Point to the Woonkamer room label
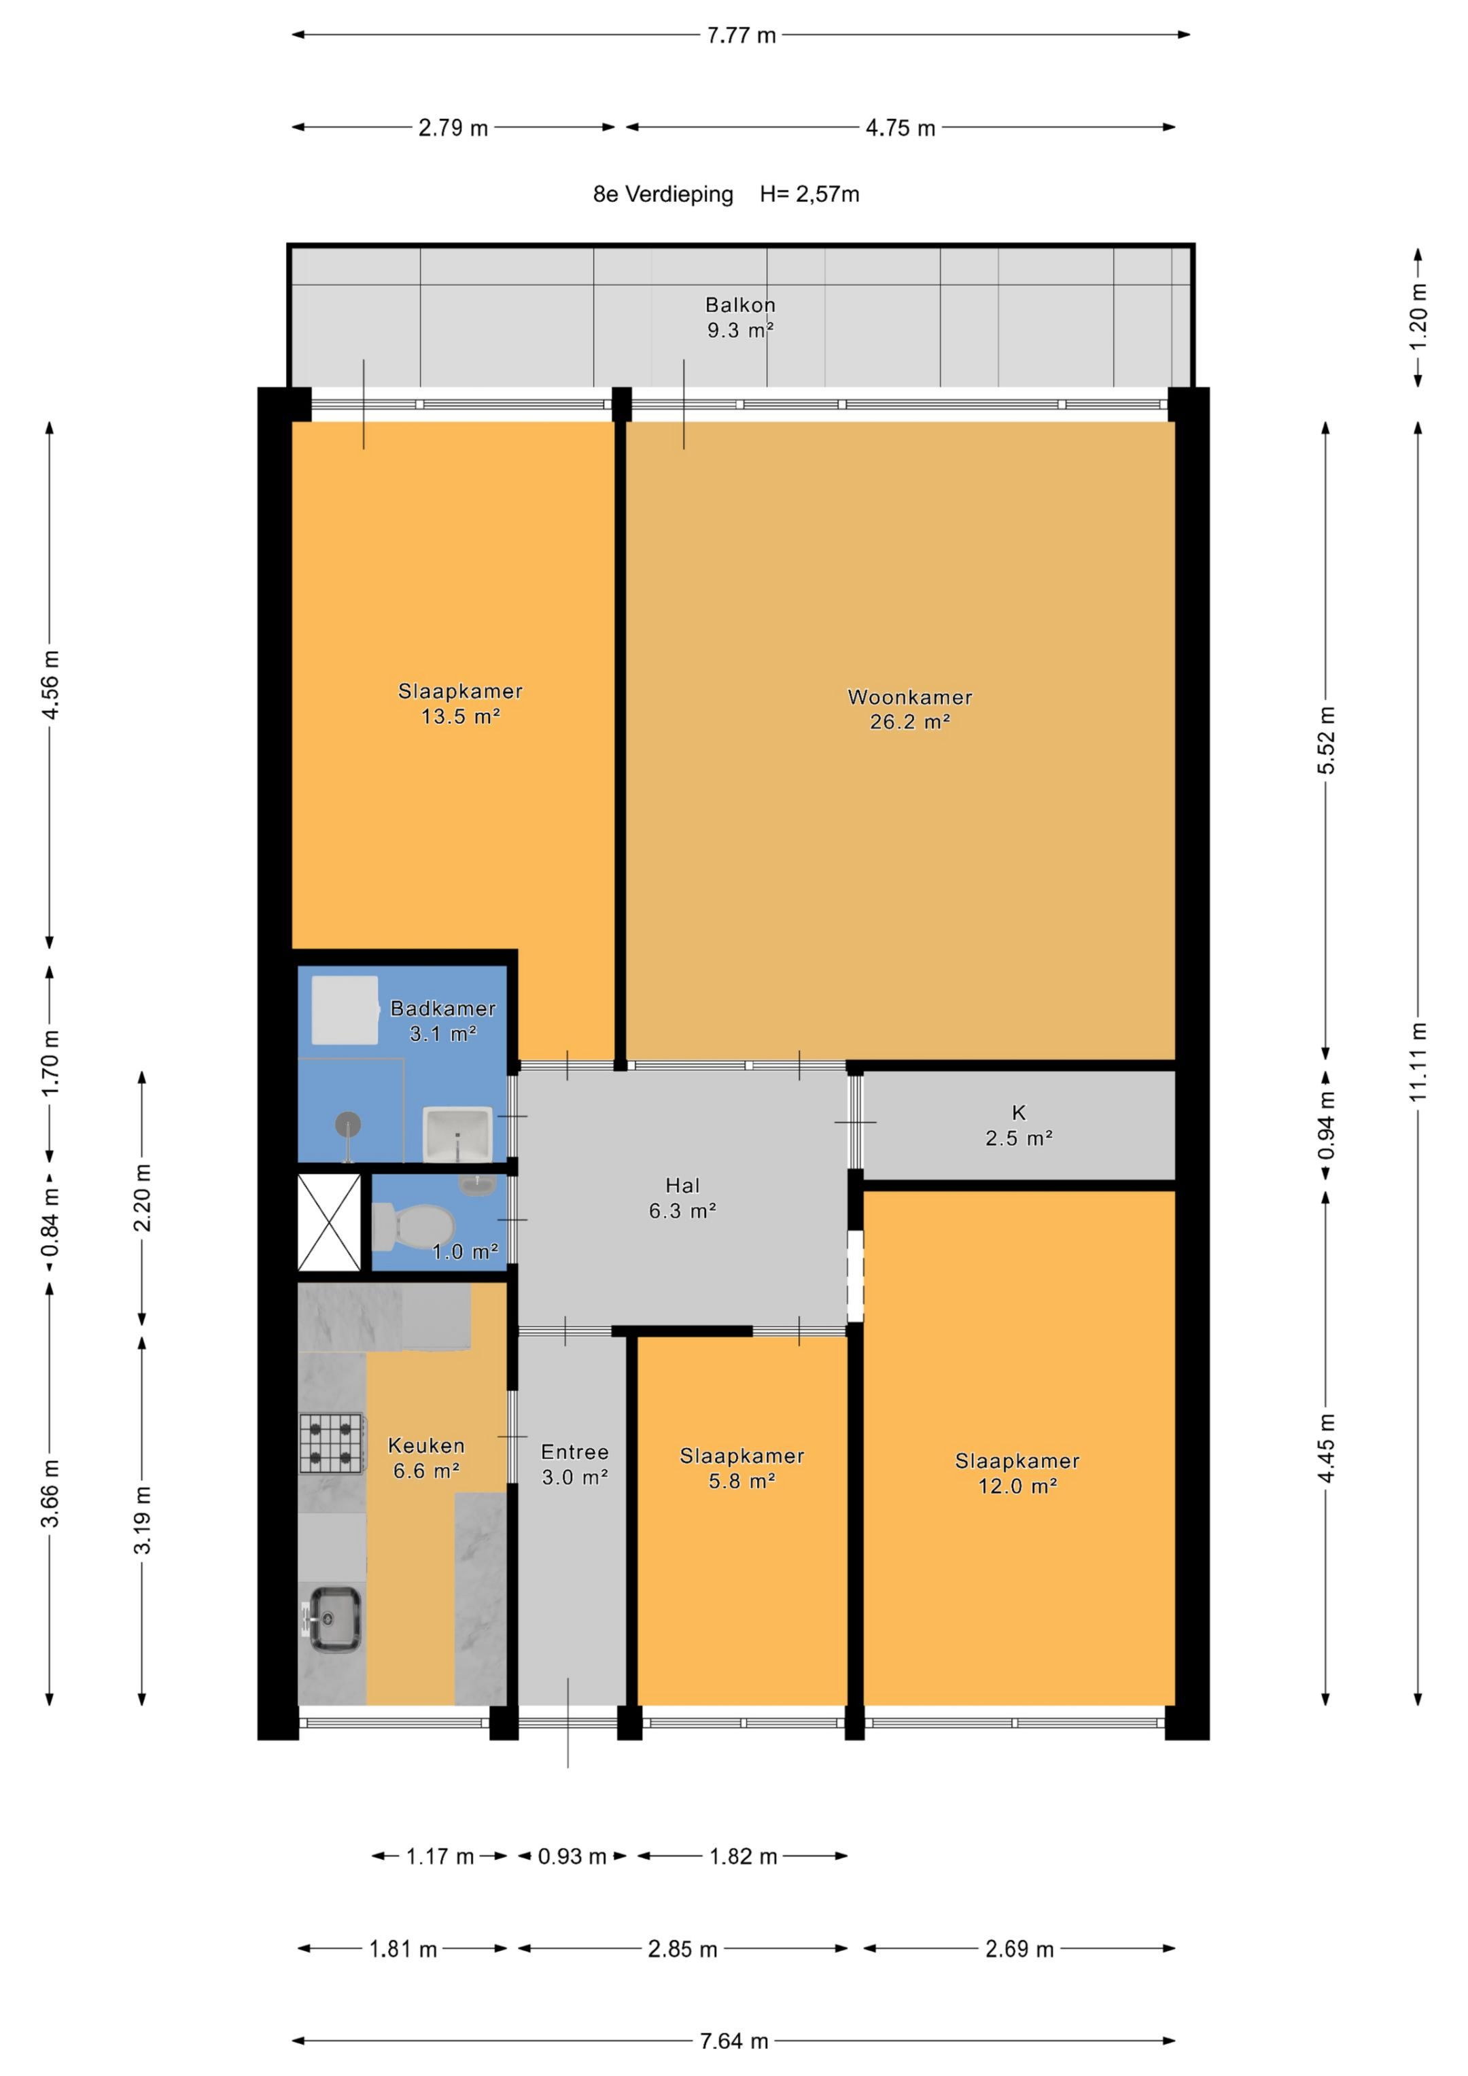pyautogui.click(x=910, y=709)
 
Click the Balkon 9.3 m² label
pyautogui.click(x=741, y=317)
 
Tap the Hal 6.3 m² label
pyautogui.click(x=683, y=1198)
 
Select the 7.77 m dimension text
pyautogui.click(x=741, y=35)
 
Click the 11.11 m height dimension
pyautogui.click(x=1418, y=1061)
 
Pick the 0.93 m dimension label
pyautogui.click(x=572, y=1857)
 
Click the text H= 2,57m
pyautogui.click(x=809, y=194)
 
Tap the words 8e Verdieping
pyautogui.click(x=663, y=194)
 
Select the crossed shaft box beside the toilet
pyautogui.click(x=329, y=1222)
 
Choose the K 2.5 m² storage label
pyautogui.click(x=1019, y=1126)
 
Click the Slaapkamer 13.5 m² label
pyautogui.click(x=460, y=703)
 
